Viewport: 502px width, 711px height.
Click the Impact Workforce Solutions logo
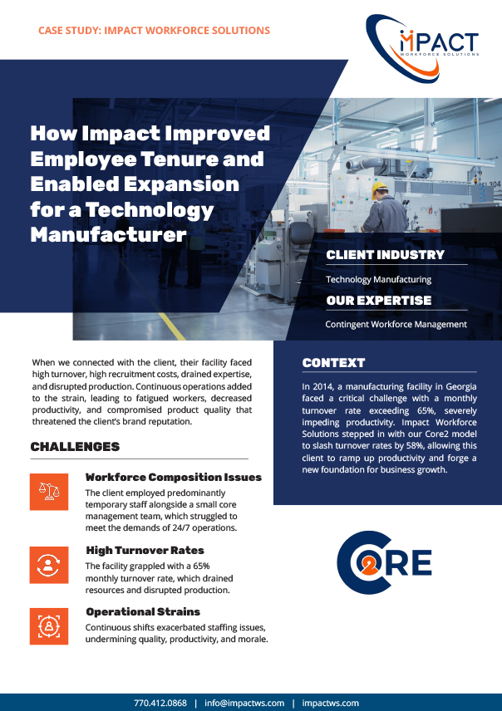point(422,47)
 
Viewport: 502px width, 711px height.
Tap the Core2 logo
point(384,562)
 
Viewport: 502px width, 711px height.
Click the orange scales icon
point(49,492)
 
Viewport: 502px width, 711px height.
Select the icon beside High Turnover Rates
point(49,565)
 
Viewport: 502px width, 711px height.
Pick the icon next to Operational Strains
point(49,626)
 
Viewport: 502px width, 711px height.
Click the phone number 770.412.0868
point(160,703)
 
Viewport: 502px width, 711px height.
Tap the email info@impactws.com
point(244,703)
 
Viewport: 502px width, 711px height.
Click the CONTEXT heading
point(333,363)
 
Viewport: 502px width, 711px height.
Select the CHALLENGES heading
point(75,447)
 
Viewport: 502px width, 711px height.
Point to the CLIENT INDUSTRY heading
point(385,255)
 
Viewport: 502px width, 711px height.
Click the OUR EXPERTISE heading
point(378,300)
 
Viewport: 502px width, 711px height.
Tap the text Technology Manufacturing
point(378,279)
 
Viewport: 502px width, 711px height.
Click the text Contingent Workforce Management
point(396,324)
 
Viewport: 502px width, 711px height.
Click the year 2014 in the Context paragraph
point(322,387)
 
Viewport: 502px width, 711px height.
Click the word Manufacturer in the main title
point(109,235)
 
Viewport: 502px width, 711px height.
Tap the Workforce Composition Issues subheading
point(174,477)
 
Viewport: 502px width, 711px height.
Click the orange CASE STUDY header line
point(154,31)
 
